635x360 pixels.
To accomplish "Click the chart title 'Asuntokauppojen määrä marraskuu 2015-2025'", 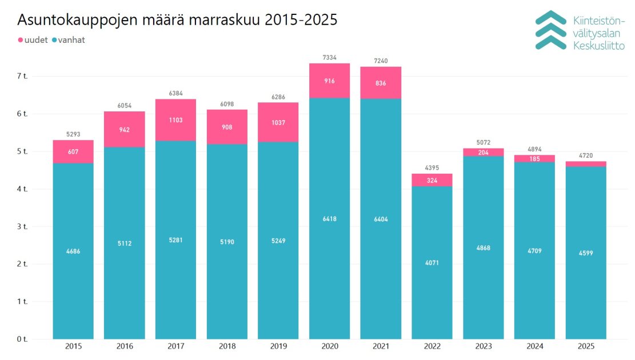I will (x=177, y=19).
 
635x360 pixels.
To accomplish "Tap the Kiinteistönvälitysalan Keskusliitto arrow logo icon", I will (x=550, y=29).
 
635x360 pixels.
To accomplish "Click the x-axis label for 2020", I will (x=329, y=347).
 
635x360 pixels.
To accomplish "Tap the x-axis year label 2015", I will (x=73, y=347).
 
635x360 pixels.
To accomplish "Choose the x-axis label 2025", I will (x=586, y=347).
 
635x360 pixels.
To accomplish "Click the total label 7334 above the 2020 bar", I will (x=329, y=57).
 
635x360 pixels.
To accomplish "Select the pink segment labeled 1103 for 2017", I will (x=175, y=120).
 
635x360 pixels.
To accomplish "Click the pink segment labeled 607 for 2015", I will (x=73, y=151).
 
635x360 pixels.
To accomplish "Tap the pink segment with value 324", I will (x=432, y=180).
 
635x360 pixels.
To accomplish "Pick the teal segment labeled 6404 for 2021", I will (x=381, y=219).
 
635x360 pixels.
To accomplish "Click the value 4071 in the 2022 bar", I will (x=432, y=263).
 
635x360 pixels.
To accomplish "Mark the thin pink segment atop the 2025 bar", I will (x=586, y=164).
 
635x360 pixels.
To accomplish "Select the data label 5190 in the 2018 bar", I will (x=227, y=242).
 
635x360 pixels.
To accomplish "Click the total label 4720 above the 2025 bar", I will (x=586, y=155).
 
